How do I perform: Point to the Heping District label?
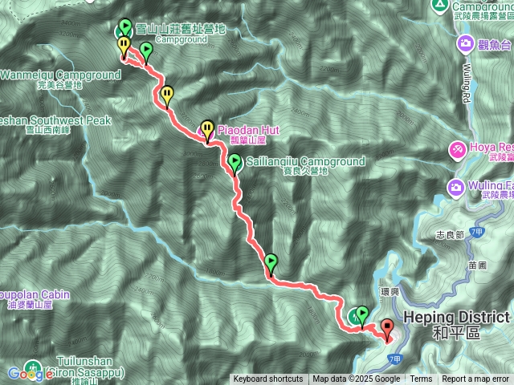pos(456,316)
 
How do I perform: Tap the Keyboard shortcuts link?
pos(268,379)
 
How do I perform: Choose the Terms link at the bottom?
pos(421,379)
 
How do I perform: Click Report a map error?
pos(475,379)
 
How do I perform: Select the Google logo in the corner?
pos(31,373)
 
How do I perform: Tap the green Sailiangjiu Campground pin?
pos(235,164)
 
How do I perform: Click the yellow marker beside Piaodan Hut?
pos(208,128)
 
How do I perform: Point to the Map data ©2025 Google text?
pos(357,379)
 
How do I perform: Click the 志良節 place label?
pos(449,235)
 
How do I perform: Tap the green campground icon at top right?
pos(439,5)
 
